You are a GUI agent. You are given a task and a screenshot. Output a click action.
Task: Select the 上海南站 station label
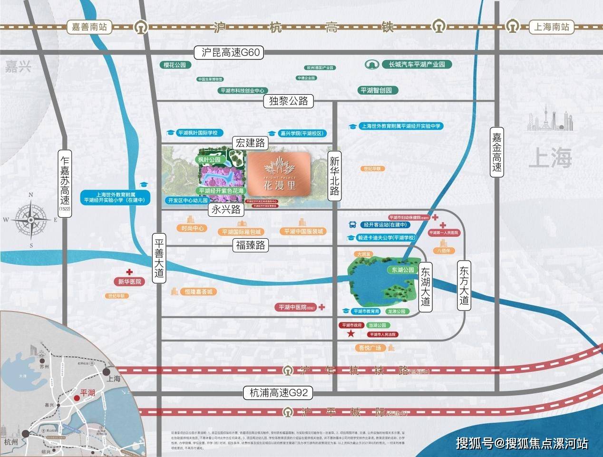pos(551,27)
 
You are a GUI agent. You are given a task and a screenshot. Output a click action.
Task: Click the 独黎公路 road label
pos(289,101)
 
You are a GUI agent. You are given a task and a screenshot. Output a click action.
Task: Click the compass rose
pos(31,219)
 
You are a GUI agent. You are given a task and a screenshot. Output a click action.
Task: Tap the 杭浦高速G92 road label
pos(278,393)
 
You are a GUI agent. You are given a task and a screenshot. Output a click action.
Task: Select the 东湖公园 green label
pos(403,270)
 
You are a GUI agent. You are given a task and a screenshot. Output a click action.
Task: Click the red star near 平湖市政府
pos(350,334)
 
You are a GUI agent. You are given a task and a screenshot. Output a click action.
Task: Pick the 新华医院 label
pos(130,282)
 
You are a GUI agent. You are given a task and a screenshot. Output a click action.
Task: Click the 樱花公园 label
pos(175,65)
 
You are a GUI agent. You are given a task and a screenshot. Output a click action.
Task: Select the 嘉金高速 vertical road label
pos(497,153)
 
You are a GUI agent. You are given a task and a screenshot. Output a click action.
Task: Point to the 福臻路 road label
pos(251,245)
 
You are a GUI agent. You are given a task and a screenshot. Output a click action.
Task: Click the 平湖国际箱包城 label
pos(242,232)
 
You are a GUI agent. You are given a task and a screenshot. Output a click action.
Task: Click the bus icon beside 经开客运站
pos(353,224)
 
